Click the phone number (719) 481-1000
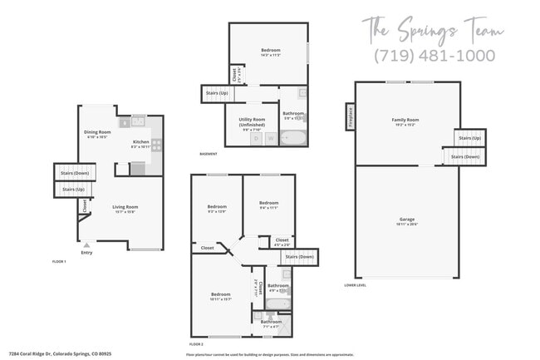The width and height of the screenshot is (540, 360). [x=434, y=56]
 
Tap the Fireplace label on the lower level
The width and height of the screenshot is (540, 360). [x=350, y=116]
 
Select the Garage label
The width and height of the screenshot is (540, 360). [x=406, y=220]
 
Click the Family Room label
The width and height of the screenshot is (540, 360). [x=405, y=121]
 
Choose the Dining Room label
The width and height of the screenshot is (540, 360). [x=97, y=134]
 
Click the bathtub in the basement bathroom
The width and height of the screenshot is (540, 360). [x=293, y=137]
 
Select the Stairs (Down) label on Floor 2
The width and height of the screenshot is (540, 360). [x=299, y=257]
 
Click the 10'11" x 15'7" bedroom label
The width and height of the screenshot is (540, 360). [x=220, y=296]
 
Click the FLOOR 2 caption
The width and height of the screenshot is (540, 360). [x=196, y=343]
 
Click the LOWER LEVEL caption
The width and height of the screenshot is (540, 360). [x=355, y=284]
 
